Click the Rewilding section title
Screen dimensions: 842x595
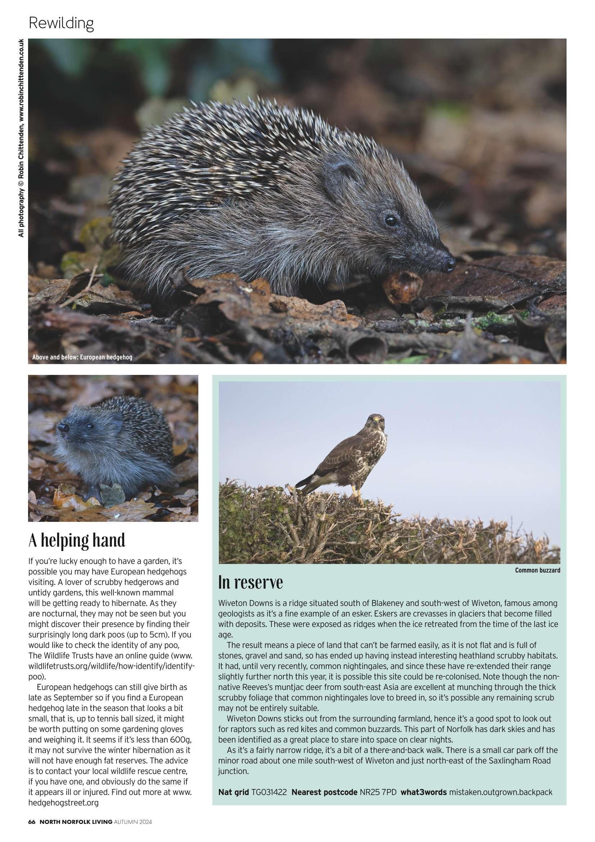61,23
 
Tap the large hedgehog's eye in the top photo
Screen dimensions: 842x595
391,221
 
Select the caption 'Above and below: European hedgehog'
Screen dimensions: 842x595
82,358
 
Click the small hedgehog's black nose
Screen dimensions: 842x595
63,427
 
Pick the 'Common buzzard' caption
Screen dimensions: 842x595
537,570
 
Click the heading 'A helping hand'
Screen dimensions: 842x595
77,540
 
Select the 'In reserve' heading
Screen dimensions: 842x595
251,582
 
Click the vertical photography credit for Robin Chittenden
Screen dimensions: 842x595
21,138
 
